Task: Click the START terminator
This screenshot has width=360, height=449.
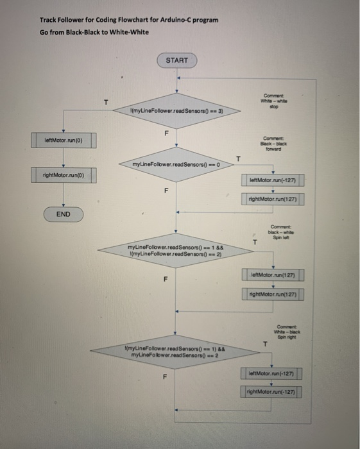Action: click(177, 60)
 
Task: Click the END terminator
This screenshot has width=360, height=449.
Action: click(63, 214)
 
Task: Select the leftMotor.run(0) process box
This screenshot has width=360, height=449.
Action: click(63, 139)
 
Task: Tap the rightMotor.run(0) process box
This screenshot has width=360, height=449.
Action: click(63, 174)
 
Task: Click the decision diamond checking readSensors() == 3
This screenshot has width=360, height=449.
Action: click(177, 112)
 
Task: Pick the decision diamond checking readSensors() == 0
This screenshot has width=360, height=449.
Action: click(177, 164)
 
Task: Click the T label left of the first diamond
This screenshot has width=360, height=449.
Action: click(107, 103)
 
